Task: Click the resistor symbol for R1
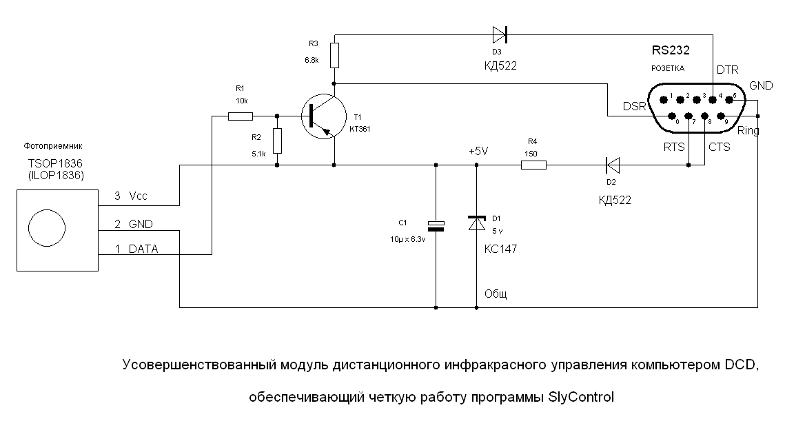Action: [241, 116]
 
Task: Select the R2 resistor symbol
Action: [277, 141]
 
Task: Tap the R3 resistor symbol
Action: [334, 55]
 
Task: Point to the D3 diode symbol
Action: [500, 33]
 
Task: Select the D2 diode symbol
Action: [612, 165]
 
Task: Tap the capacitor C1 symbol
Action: [436, 225]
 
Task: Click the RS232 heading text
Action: [671, 50]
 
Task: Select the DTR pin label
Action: [728, 70]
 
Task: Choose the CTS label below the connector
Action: [720, 147]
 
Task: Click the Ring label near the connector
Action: [748, 130]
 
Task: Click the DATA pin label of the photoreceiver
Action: [143, 249]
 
